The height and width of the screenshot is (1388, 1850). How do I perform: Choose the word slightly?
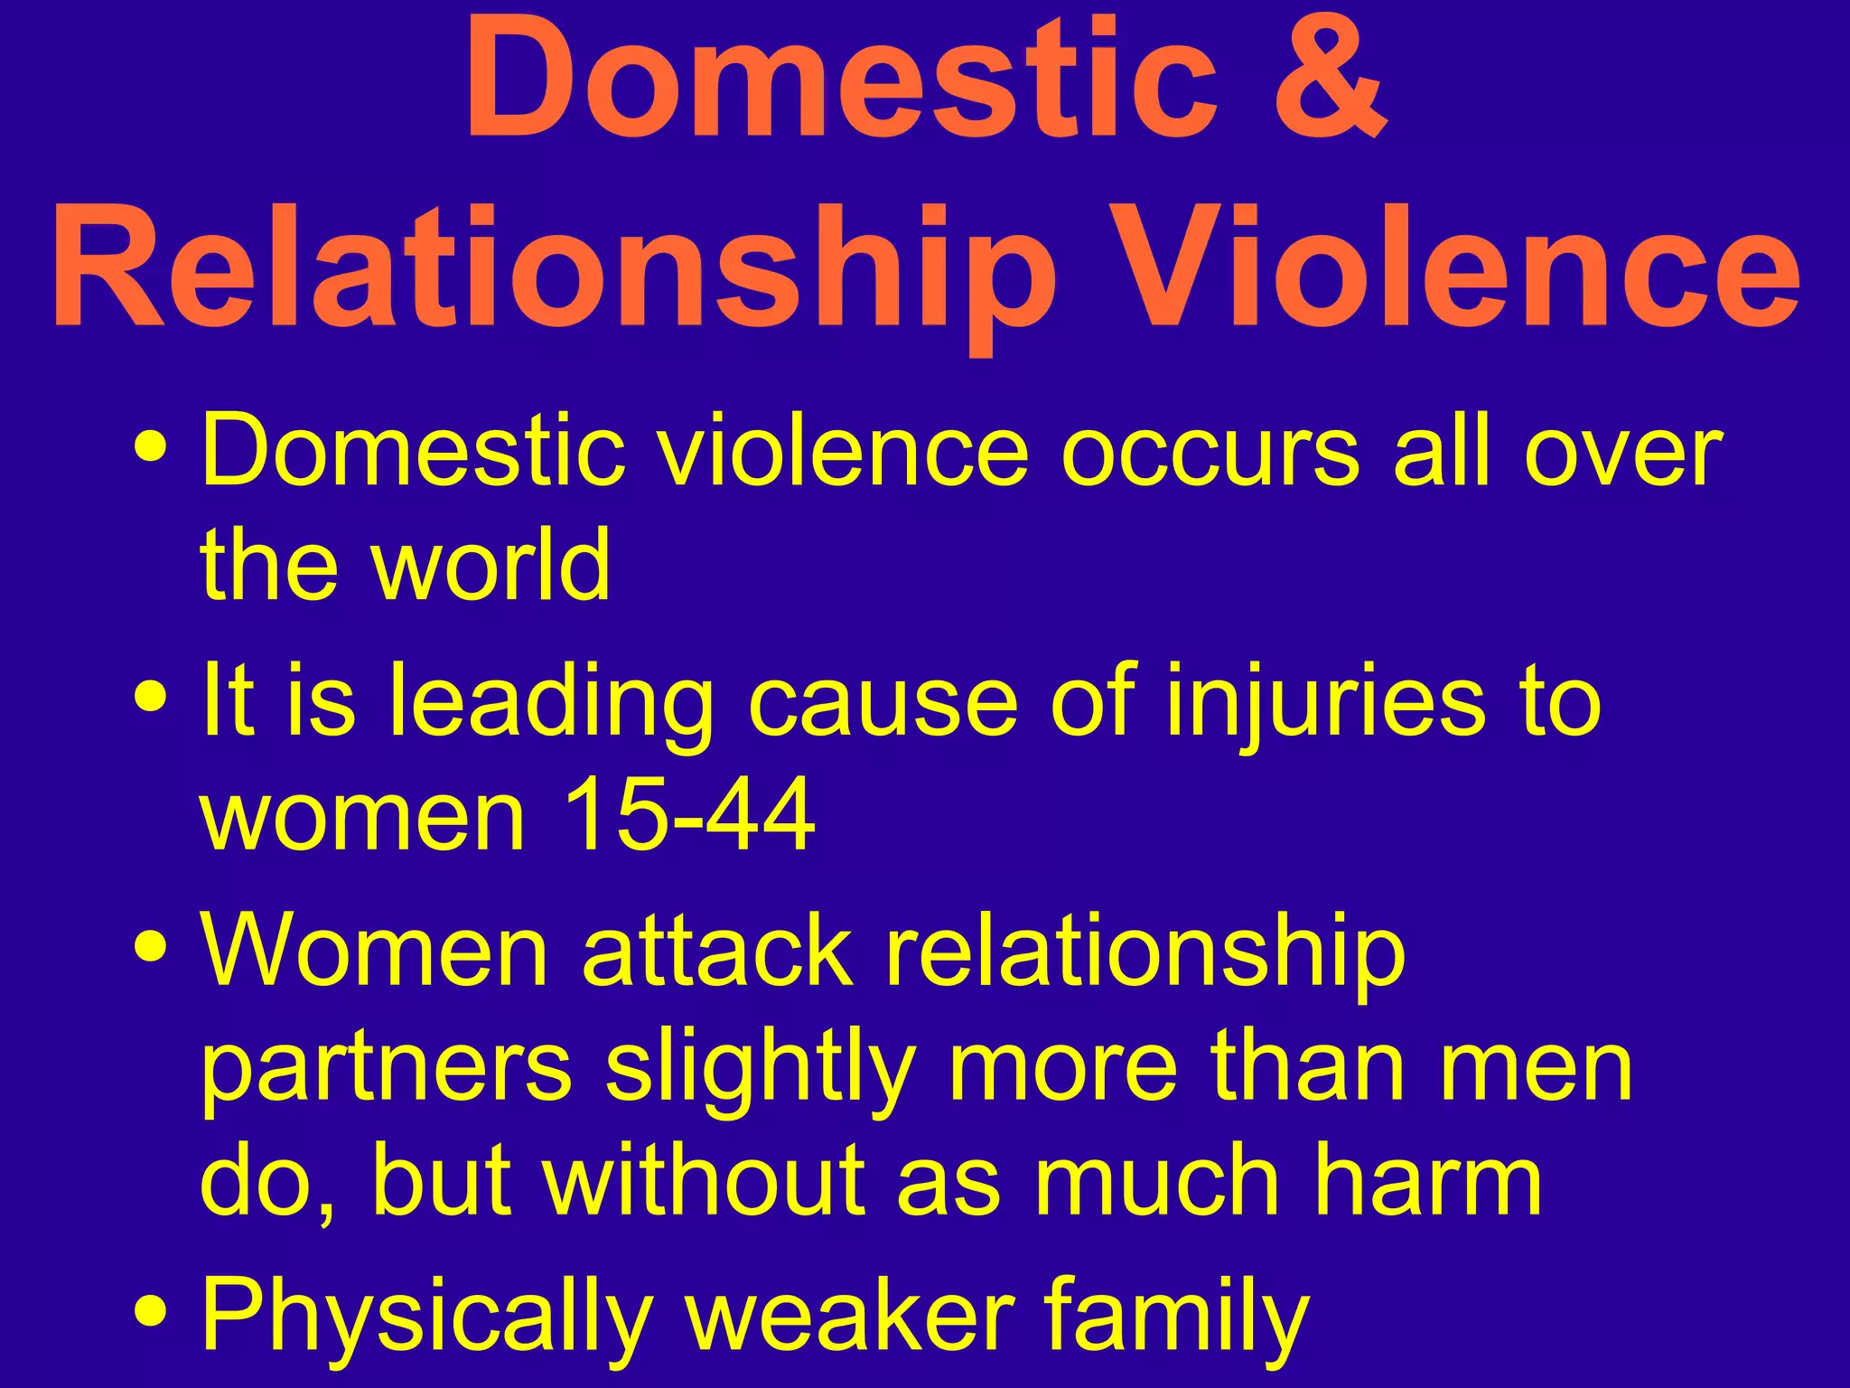[x=760, y=1071]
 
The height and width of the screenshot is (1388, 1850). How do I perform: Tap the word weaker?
[x=849, y=1315]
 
